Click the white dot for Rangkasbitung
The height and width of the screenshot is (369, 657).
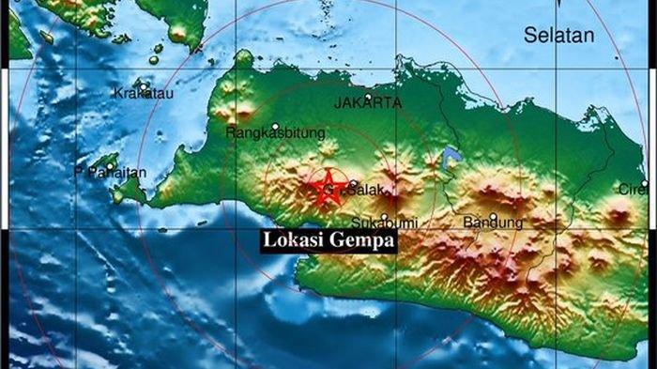click(x=275, y=126)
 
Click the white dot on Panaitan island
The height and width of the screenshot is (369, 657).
click(x=111, y=167)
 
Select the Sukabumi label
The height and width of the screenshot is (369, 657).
click(x=383, y=223)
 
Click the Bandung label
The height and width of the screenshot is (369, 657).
click(x=493, y=223)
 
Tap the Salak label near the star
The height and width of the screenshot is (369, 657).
click(x=360, y=191)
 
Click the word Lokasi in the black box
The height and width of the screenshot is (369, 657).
click(x=293, y=240)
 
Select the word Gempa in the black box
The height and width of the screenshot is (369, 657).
click(x=361, y=241)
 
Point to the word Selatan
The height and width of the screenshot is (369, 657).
click(x=559, y=37)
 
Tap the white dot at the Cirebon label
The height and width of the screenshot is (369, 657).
click(x=645, y=184)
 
